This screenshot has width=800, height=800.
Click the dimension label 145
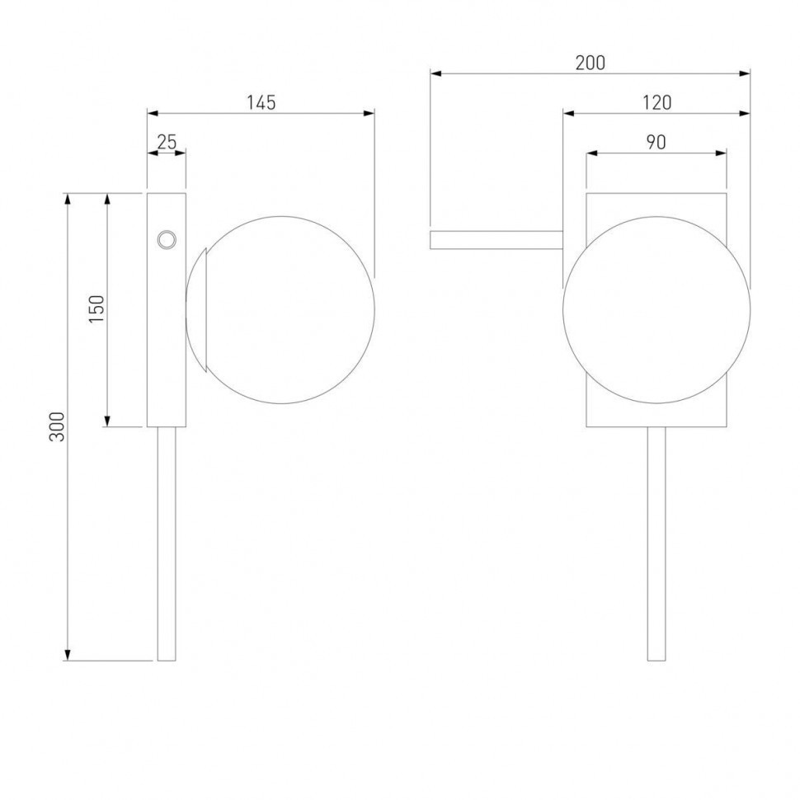261,102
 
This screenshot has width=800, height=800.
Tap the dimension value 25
167,142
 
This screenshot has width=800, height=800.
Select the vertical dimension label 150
96,308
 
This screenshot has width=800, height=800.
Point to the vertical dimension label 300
57,426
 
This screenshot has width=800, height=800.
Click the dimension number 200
591,63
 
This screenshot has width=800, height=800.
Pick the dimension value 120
656,102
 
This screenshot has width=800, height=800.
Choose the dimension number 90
656,143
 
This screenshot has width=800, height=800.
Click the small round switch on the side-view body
167,239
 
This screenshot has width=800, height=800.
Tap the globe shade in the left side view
281,310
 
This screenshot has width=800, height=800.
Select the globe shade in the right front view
656,310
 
